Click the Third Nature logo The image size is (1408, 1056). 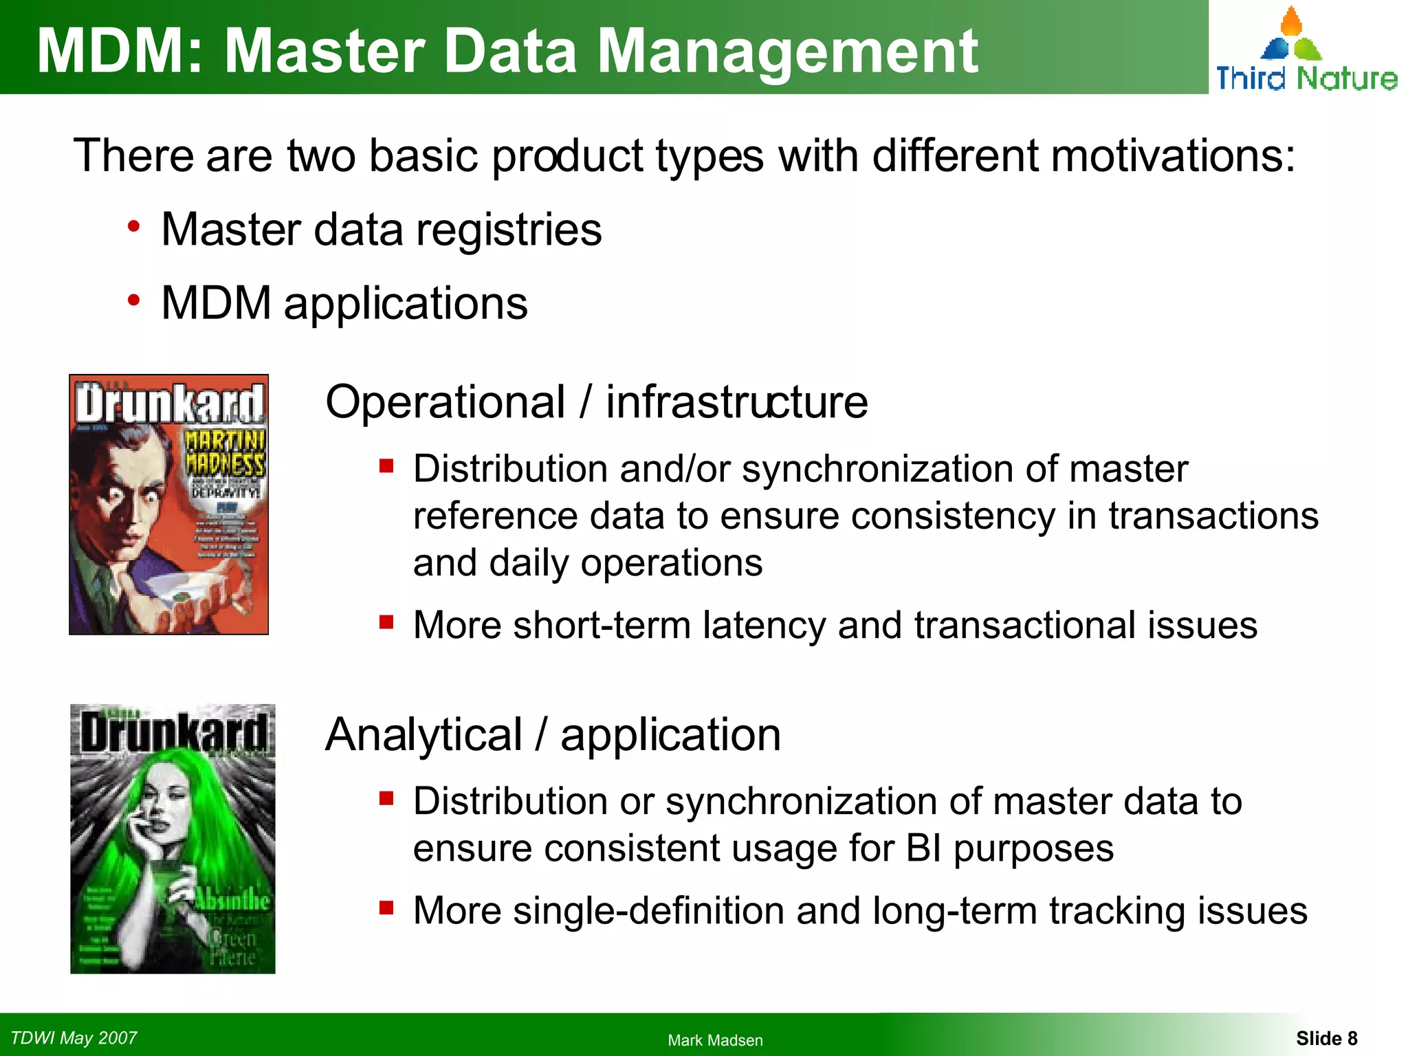[1306, 52]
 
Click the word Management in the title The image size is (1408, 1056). [786, 51]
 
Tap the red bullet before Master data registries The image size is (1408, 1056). [133, 226]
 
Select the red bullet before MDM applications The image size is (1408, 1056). [133, 300]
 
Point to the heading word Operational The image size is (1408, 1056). [445, 402]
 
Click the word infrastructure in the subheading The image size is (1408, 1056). [736, 402]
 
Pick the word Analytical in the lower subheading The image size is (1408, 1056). [423, 735]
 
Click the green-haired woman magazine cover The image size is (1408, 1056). [173, 839]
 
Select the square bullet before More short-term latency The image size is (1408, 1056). [386, 622]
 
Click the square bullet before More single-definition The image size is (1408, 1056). [386, 908]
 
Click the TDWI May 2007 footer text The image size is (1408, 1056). [74, 1037]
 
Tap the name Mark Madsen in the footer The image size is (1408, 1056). [715, 1040]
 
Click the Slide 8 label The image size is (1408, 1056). [1326, 1038]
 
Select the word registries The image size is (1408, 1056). [508, 230]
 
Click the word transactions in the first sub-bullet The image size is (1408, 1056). [1213, 516]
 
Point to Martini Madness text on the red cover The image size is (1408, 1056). [224, 452]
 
